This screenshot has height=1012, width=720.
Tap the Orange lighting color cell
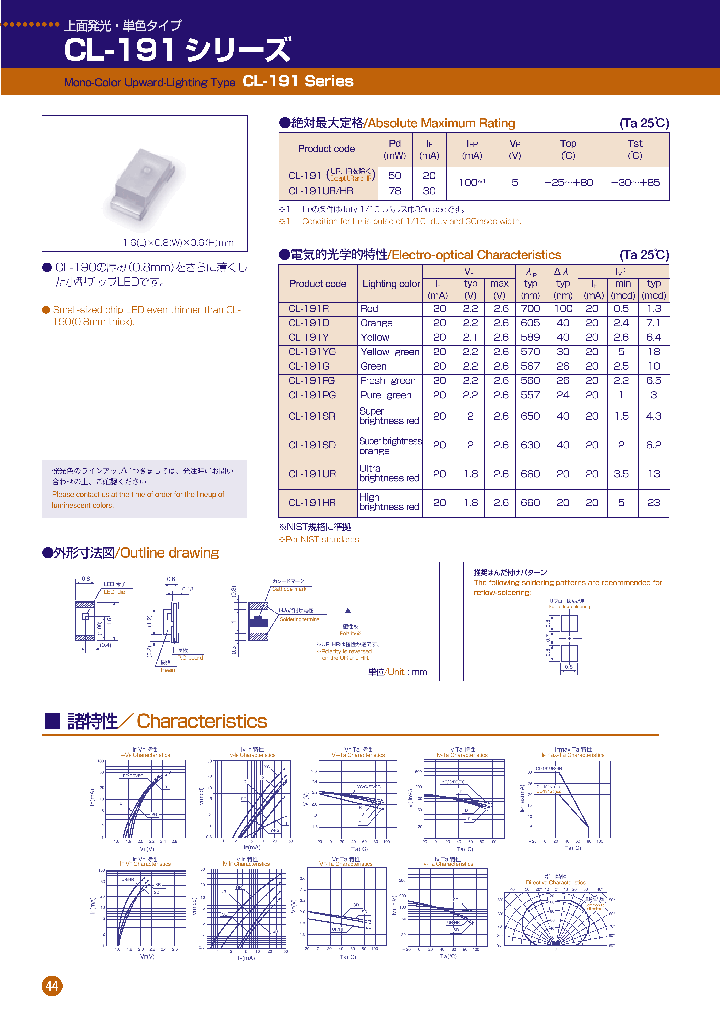pyautogui.click(x=376, y=323)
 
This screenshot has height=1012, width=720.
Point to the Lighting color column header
pyautogui.click(x=391, y=284)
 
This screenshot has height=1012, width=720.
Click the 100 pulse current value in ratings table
pyautogui.click(x=471, y=182)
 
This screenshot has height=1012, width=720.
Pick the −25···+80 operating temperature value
pyautogui.click(x=568, y=182)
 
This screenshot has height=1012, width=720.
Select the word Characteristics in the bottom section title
pyautogui.click(x=202, y=721)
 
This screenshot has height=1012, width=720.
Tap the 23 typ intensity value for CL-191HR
pyautogui.click(x=653, y=502)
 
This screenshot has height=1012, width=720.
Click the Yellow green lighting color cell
pyautogui.click(x=389, y=352)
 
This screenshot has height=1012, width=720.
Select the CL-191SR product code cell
pyautogui.click(x=311, y=415)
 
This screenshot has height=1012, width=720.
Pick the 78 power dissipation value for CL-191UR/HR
pyautogui.click(x=395, y=189)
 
